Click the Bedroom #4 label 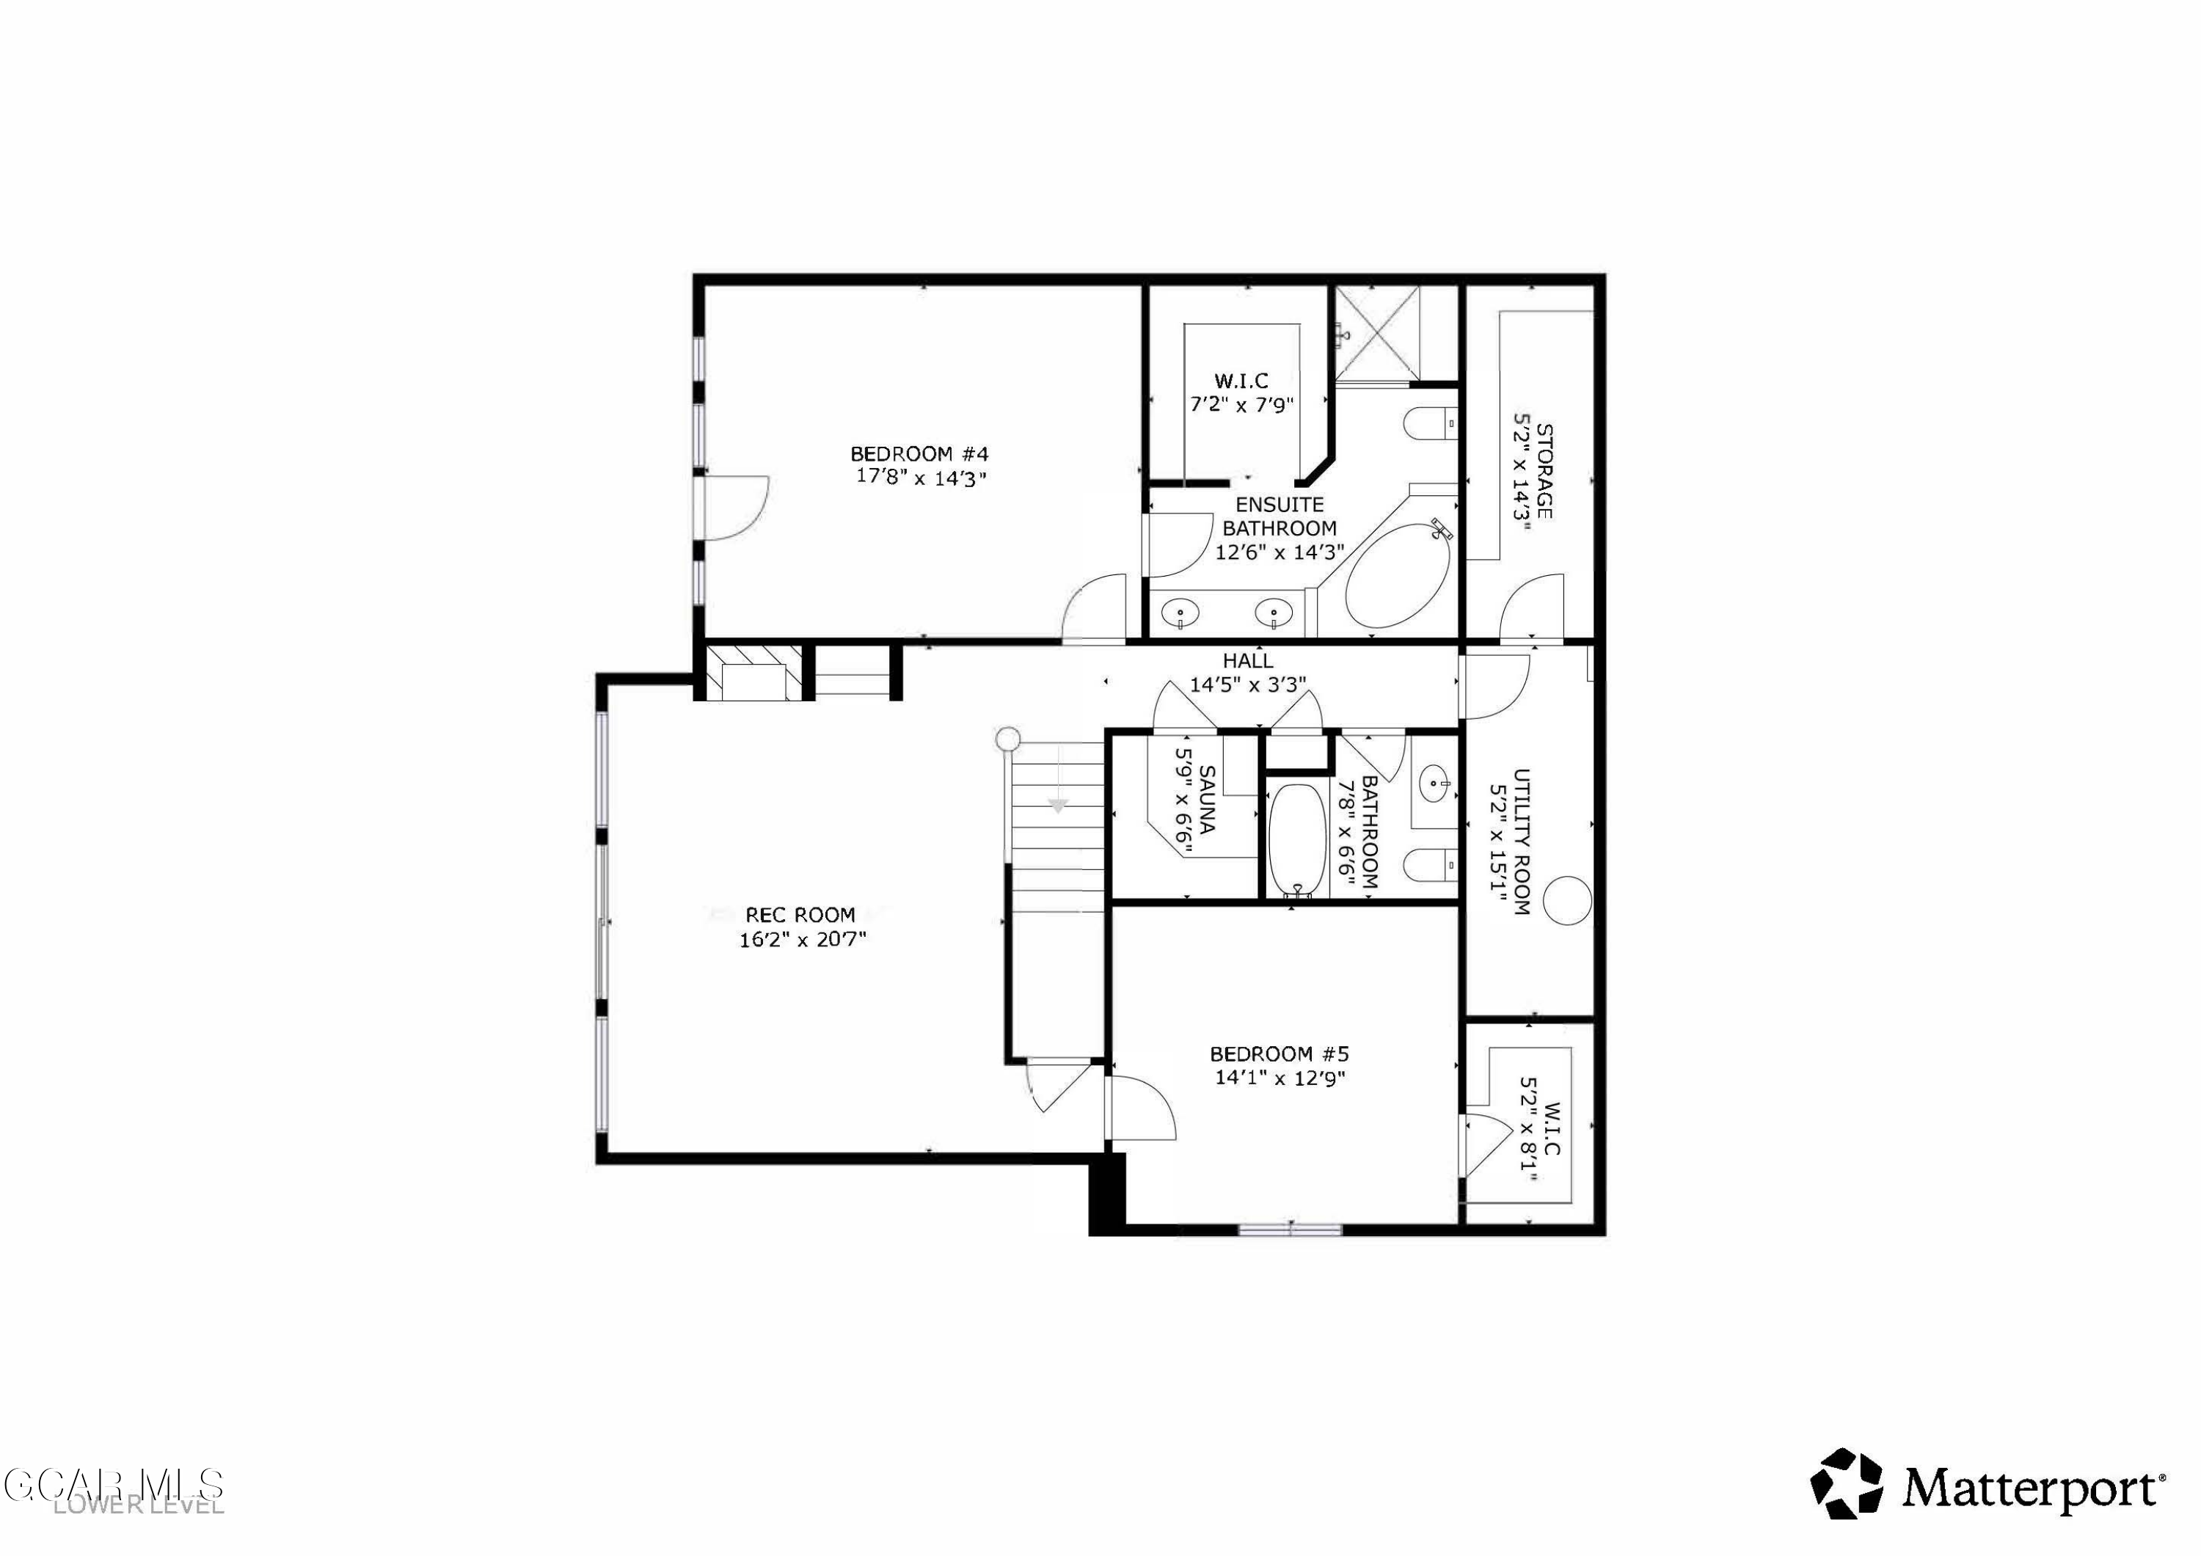(919, 453)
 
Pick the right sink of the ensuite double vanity (1273, 610)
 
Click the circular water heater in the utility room (1567, 900)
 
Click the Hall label (1247, 660)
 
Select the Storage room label (1544, 470)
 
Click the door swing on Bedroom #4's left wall (734, 508)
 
